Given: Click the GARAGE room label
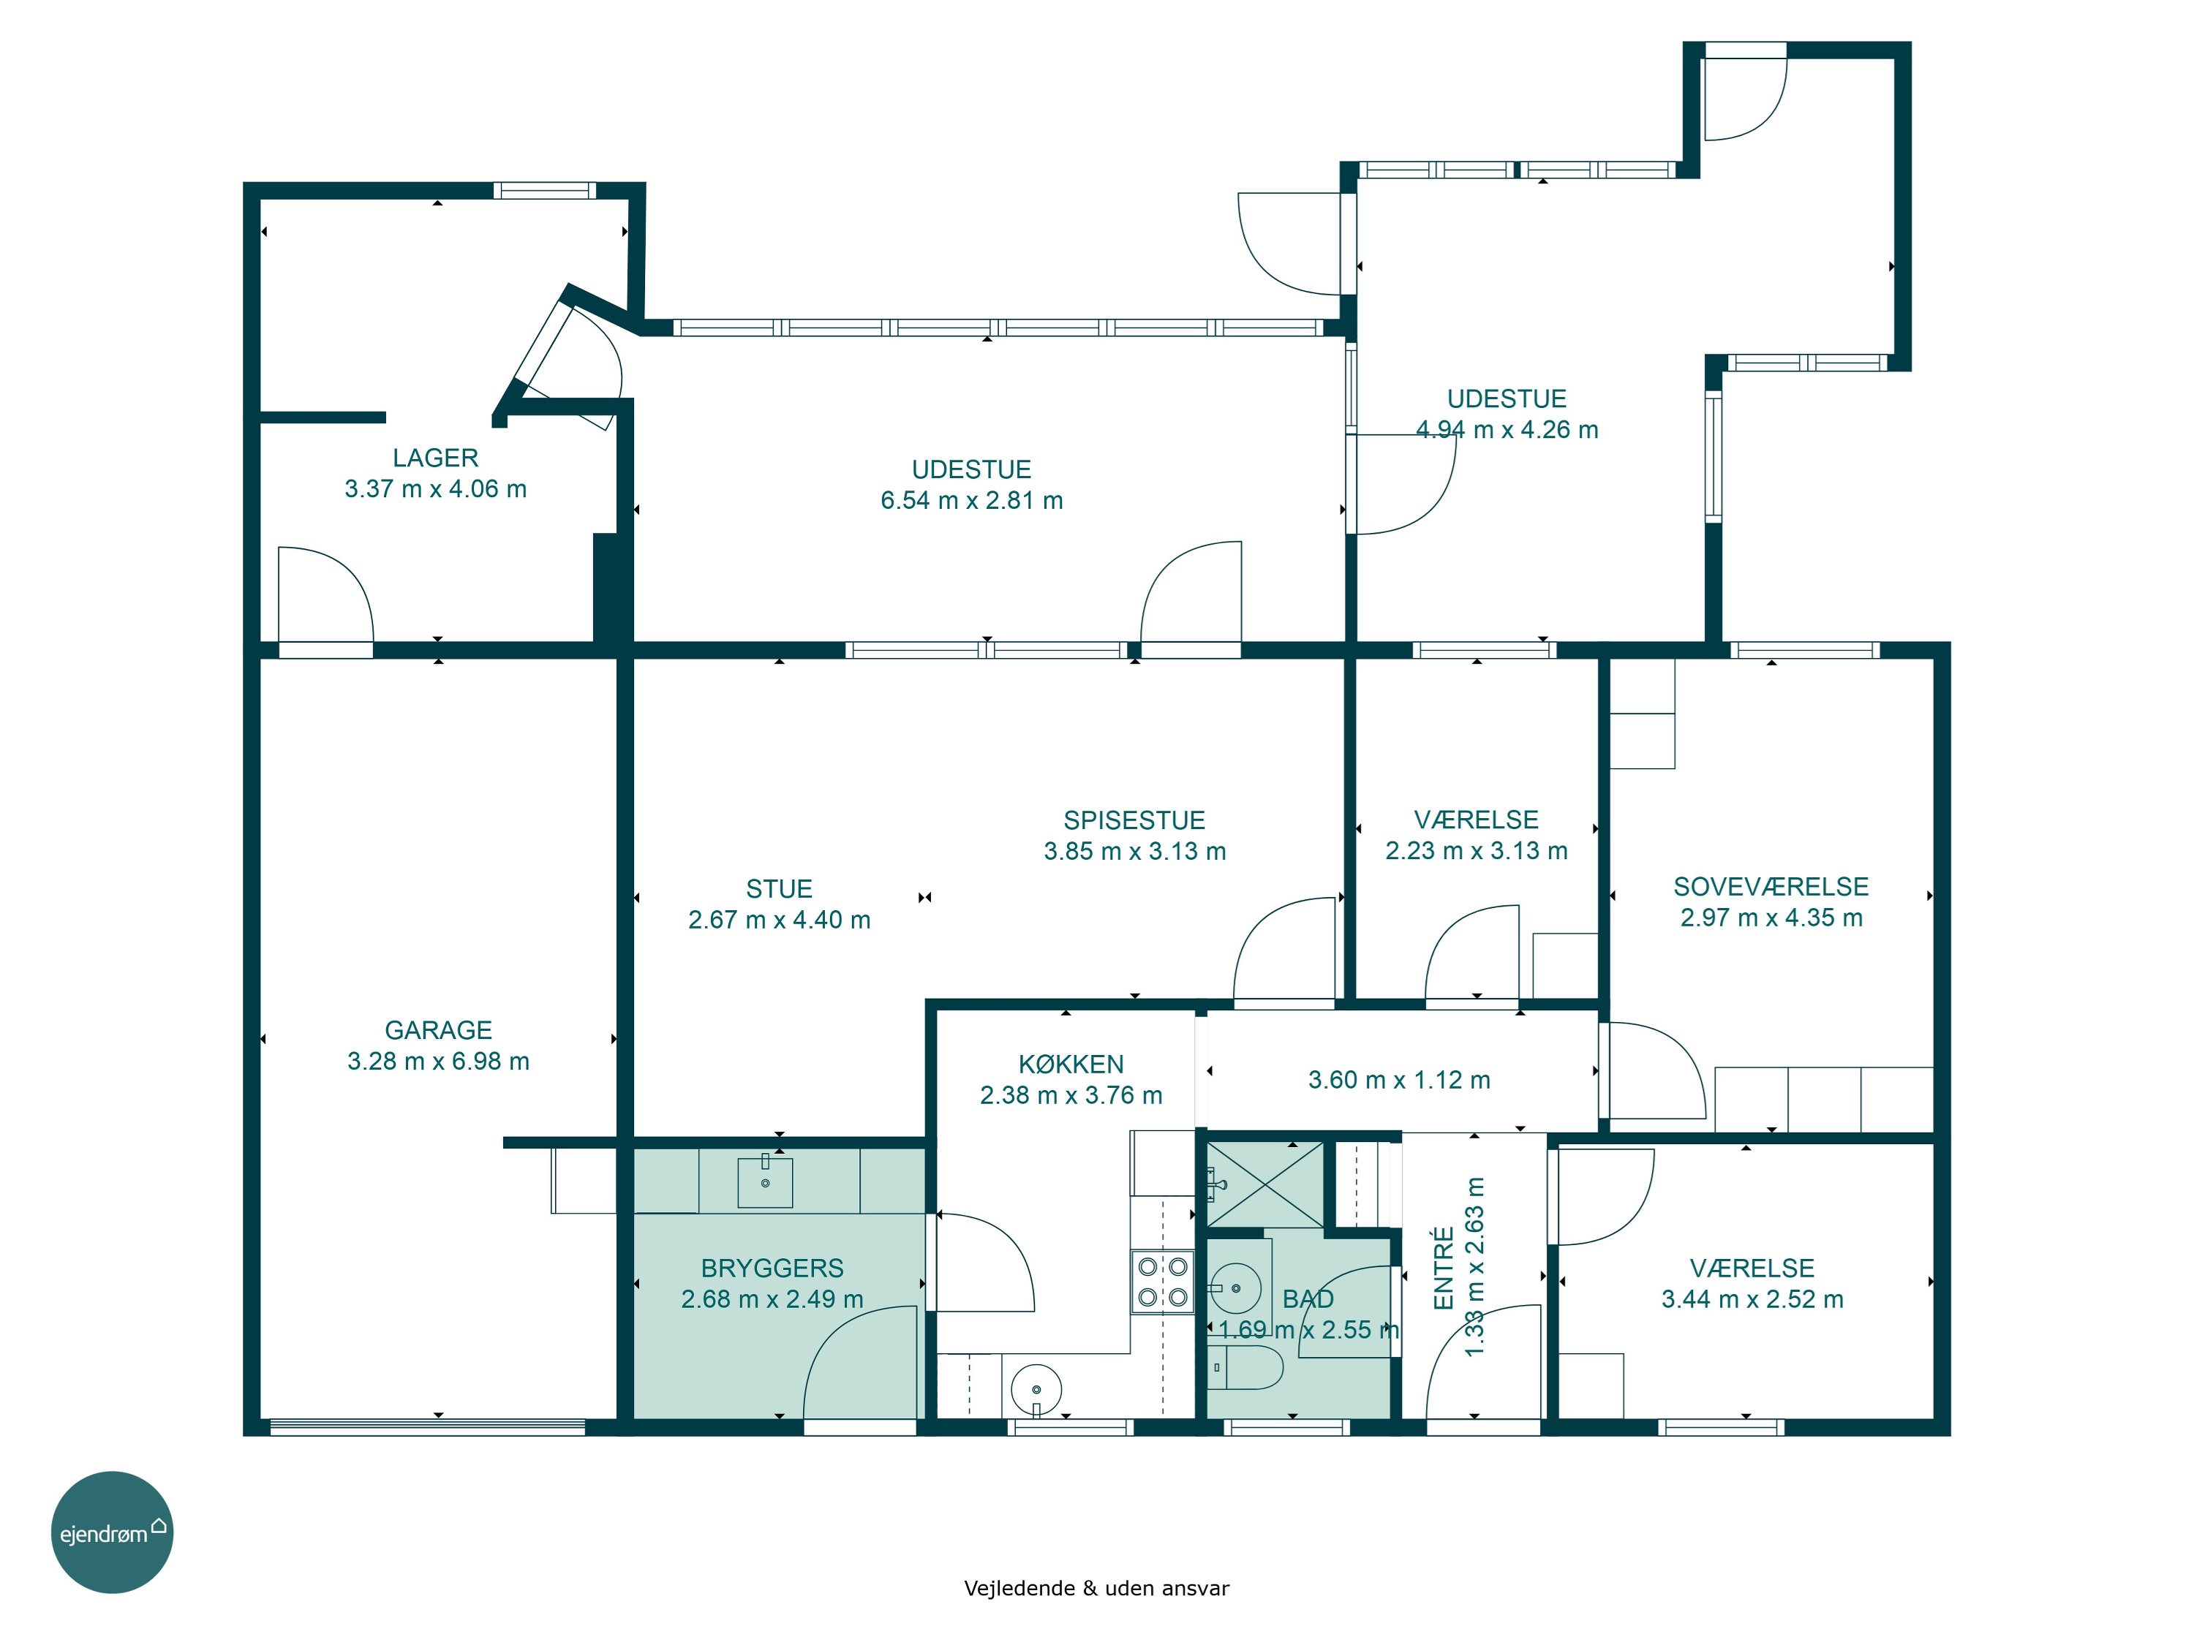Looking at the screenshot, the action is [x=438, y=1030].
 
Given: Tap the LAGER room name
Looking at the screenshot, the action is [x=435, y=458].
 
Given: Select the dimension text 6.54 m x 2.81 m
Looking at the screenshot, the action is [x=972, y=501].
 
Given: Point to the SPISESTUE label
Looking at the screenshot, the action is [x=1135, y=820].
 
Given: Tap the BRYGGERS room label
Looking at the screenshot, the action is [x=773, y=1268].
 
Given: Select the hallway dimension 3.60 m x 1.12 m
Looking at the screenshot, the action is [x=1400, y=1080].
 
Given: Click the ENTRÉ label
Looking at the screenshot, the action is [x=1444, y=1268].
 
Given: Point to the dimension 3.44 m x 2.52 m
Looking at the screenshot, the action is [x=1752, y=1299].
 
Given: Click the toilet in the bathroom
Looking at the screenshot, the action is [x=1247, y=1367].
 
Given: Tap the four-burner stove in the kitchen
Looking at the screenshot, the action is [x=1163, y=1282].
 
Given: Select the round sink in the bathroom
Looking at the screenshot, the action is [x=1235, y=1289].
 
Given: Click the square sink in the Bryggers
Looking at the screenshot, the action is [x=765, y=1183].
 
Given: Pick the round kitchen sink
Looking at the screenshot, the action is [x=1036, y=1388].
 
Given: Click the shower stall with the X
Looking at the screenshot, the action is [x=1264, y=1185].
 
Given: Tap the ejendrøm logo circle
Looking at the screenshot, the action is [x=112, y=1532].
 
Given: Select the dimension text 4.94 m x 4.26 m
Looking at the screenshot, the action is [x=1507, y=429].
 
